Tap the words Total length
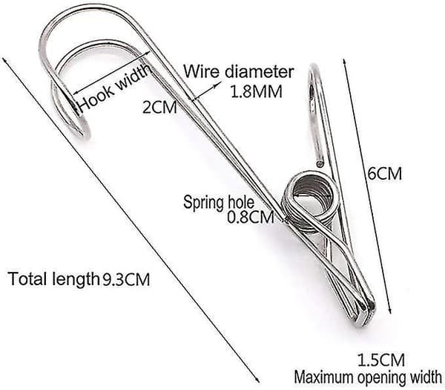click(53, 279)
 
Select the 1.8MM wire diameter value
click(257, 91)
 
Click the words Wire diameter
click(239, 71)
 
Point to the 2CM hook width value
click(159, 108)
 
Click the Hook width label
click(113, 89)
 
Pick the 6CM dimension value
click(385, 173)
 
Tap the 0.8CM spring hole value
click(251, 218)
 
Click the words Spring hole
click(219, 203)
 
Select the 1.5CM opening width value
click(381, 360)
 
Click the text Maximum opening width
click(368, 377)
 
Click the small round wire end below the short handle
click(320, 163)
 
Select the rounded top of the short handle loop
click(314, 68)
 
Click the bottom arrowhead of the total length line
click(257, 380)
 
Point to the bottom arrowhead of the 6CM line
click(390, 311)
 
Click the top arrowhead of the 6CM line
click(344, 62)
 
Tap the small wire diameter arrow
click(207, 91)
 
